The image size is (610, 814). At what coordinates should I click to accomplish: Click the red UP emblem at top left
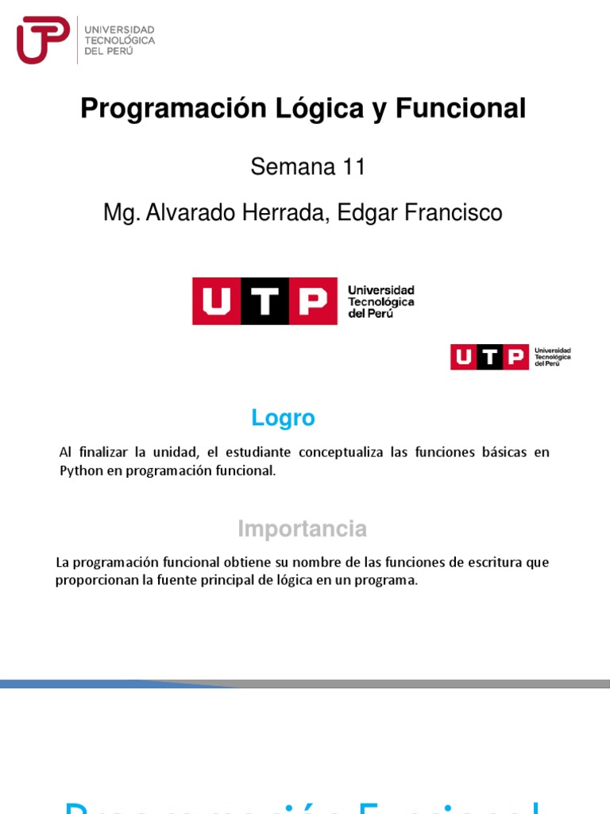(42, 40)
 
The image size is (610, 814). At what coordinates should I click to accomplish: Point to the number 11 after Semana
(353, 167)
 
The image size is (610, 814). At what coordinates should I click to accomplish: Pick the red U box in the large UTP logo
(216, 301)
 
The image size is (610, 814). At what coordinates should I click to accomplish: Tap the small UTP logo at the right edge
(510, 357)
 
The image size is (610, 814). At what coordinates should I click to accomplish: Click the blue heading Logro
(283, 418)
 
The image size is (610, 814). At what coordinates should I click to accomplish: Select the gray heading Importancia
(303, 529)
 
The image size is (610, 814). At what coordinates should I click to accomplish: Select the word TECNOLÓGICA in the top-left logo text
(119, 40)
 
